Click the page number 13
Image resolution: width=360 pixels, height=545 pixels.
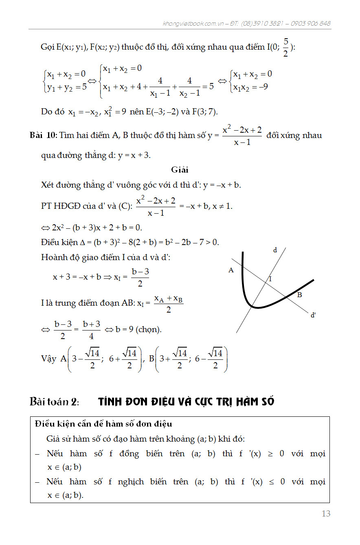coord(326,514)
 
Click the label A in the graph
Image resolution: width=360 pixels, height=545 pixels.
coord(231,270)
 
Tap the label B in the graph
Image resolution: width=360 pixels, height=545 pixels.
coord(299,295)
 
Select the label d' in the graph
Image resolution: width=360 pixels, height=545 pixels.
coord(313,315)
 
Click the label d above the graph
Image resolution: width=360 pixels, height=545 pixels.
coord(275,250)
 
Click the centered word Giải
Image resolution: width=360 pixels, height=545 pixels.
coord(180,169)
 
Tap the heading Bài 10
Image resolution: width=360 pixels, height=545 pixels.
coord(43,136)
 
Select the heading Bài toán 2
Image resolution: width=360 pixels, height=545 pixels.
coord(54,401)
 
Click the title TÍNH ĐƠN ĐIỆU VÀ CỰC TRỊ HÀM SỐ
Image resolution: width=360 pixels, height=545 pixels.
coord(186,402)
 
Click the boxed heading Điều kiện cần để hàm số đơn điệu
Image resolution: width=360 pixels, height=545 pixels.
coord(103,424)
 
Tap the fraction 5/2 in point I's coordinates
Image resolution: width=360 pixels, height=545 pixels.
coord(285,48)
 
